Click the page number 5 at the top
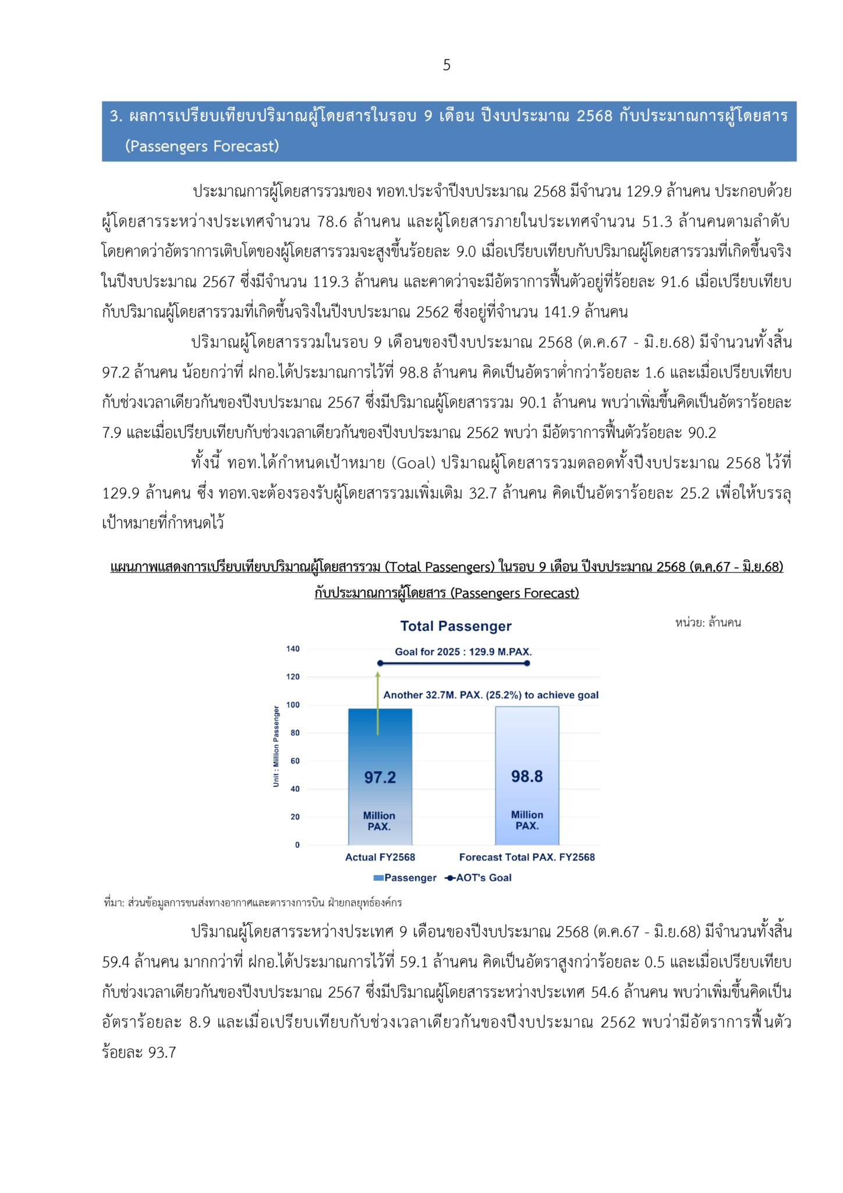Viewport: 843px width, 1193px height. coord(447,65)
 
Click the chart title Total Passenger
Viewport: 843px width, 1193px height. coord(456,626)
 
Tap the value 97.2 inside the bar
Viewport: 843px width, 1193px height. coord(380,777)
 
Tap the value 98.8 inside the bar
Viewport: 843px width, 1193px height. coord(527,776)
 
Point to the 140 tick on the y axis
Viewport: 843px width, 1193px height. coord(293,649)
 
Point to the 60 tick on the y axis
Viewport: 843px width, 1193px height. coord(295,761)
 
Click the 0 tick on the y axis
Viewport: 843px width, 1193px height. coord(297,845)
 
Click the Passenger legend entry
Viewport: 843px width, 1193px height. coord(405,878)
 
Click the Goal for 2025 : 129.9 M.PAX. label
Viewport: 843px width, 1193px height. coord(463,652)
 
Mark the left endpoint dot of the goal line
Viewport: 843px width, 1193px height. coord(380,663)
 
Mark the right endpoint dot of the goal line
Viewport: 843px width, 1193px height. coord(527,663)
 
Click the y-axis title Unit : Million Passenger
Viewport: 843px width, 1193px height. coord(277,746)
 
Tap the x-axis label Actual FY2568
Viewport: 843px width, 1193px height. coord(380,857)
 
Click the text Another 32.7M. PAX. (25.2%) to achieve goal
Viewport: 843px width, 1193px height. coord(491,695)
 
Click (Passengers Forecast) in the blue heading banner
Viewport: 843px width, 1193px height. coord(202,146)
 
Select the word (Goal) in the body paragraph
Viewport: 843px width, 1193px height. coord(413,463)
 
